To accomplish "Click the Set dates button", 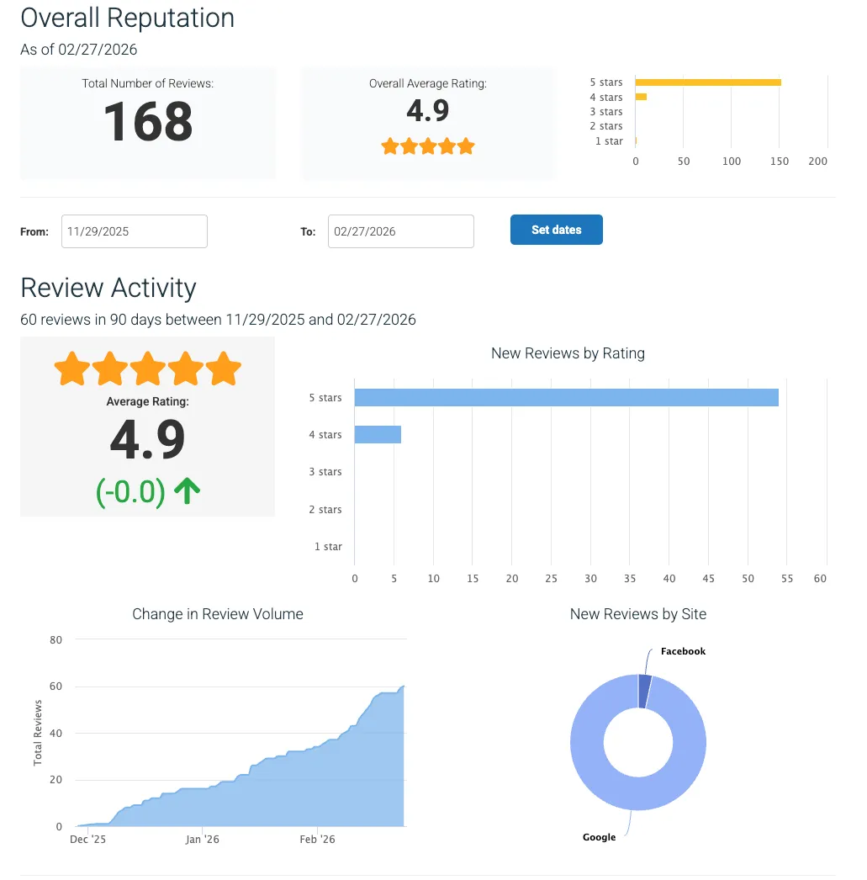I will (x=556, y=230).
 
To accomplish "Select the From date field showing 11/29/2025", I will (x=134, y=231).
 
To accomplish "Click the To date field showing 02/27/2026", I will (x=400, y=231).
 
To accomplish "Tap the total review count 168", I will (x=148, y=121).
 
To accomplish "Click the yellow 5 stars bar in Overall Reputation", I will (x=707, y=82).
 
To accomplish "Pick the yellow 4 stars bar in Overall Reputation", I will (x=641, y=97).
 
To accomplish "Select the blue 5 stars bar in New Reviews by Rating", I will (x=566, y=397).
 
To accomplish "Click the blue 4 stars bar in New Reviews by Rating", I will (x=378, y=434).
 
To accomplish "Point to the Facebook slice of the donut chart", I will (x=645, y=691).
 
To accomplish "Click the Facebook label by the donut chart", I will (x=683, y=651).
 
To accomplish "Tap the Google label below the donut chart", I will (x=599, y=837).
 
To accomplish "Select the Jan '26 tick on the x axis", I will (x=202, y=840).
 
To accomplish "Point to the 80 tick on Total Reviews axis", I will (x=56, y=639).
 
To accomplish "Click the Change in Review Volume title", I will (x=218, y=614).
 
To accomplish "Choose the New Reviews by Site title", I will (x=637, y=614).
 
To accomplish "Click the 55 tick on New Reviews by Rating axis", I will (x=787, y=579).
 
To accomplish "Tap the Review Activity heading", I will (x=108, y=288).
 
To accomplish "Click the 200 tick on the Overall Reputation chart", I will (x=817, y=162).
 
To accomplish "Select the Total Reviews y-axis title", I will (x=38, y=733).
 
